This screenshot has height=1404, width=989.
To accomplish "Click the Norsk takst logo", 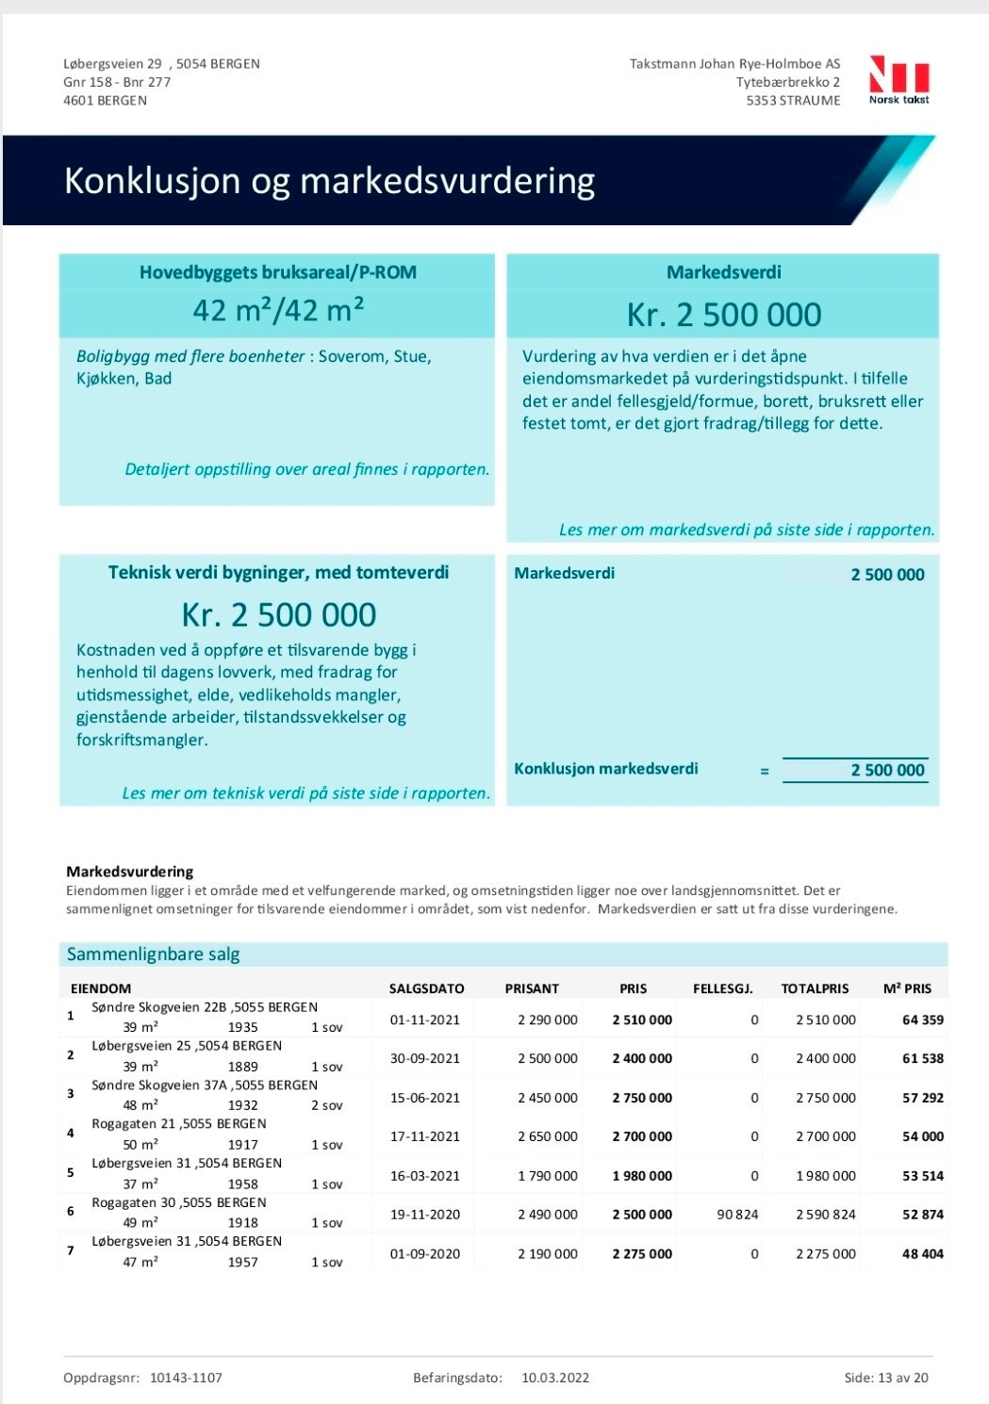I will pyautogui.click(x=899, y=79).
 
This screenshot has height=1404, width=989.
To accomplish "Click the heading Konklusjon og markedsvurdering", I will pyautogui.click(x=329, y=180).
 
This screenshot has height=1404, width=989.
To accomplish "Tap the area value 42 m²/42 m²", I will pyautogui.click(x=278, y=310).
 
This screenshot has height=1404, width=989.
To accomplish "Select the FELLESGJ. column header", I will pyautogui.click(x=722, y=988).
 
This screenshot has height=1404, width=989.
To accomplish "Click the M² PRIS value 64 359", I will pyautogui.click(x=922, y=1020).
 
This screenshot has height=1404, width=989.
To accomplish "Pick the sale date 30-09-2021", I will pyautogui.click(x=425, y=1058).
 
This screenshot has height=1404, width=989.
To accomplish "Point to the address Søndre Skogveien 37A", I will pyautogui.click(x=205, y=1085).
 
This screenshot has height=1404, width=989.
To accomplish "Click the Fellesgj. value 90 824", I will pyautogui.click(x=737, y=1215).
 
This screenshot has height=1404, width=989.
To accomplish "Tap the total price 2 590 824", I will pyautogui.click(x=825, y=1215).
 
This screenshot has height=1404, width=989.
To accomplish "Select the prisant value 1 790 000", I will pyautogui.click(x=547, y=1176).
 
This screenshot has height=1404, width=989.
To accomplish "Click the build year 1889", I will pyautogui.click(x=242, y=1067).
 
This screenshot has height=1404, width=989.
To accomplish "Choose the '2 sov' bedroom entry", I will pyautogui.click(x=327, y=1105).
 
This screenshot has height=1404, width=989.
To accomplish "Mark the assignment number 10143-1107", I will pyautogui.click(x=186, y=1378).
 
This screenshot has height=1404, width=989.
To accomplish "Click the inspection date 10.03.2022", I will pyautogui.click(x=555, y=1378).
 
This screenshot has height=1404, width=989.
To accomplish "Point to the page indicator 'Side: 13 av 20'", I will pyautogui.click(x=885, y=1378).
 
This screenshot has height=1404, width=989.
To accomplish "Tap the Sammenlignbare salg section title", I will pyautogui.click(x=153, y=955).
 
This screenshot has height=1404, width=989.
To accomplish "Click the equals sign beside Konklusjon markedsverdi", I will pyautogui.click(x=764, y=771).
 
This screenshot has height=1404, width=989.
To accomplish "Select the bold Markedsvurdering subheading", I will pyautogui.click(x=129, y=872).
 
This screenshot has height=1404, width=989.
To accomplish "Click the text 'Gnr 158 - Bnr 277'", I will pyautogui.click(x=117, y=82).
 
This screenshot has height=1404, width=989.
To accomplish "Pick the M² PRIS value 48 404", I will pyautogui.click(x=922, y=1254).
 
